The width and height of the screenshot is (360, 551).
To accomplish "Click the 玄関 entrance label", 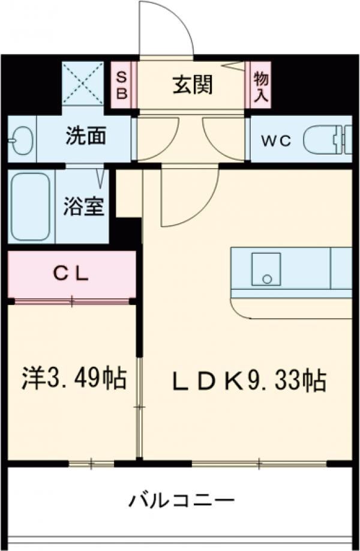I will (193, 85).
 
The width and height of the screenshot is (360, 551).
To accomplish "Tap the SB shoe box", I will (122, 85).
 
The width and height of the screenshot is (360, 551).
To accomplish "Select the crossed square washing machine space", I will (83, 83).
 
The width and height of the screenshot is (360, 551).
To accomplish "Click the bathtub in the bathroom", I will (31, 207).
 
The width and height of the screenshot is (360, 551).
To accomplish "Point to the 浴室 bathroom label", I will (85, 206).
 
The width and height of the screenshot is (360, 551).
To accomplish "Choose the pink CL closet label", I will (71, 275).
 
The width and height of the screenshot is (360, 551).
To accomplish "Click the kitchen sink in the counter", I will (266, 269).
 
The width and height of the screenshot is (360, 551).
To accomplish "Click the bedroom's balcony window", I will (91, 463).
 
